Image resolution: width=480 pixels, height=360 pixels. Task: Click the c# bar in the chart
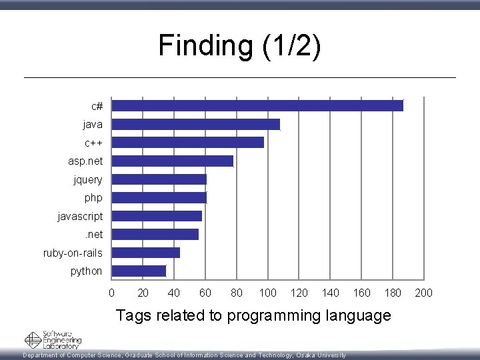[257, 105]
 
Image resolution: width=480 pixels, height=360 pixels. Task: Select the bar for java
[196, 124]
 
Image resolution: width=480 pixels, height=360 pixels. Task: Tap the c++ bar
[188, 142]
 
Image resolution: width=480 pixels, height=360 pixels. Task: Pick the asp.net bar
[173, 161]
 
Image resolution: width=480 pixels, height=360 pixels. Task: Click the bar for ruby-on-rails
[146, 253]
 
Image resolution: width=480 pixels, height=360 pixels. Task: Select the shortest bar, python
[139, 271]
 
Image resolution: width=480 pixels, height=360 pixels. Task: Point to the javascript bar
[157, 216]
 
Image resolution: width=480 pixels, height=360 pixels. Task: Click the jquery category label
[88, 179]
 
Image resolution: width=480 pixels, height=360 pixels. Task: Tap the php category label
[93, 198]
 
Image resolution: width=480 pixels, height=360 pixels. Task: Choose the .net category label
[93, 235]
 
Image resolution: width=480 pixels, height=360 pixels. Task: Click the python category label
[87, 271]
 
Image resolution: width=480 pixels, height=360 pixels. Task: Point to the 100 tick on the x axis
[268, 293]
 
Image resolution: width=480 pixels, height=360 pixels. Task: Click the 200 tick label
[425, 293]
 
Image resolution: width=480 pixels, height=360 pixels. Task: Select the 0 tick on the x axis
[111, 293]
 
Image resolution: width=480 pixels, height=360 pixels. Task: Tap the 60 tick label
[205, 293]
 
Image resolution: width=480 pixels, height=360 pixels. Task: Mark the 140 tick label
[331, 293]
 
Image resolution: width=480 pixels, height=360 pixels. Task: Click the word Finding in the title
[202, 46]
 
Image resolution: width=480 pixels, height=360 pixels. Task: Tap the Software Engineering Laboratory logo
[53, 340]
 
